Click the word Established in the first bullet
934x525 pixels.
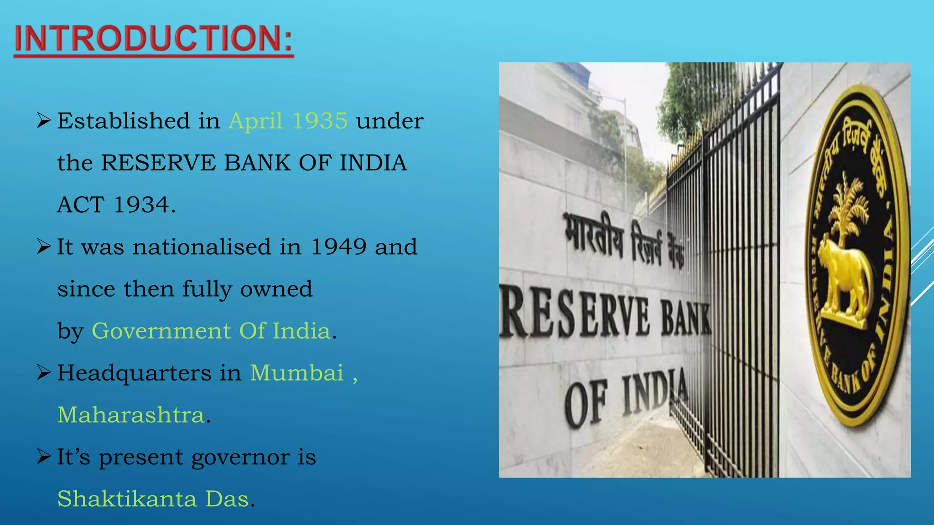point(123,121)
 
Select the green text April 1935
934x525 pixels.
point(288,121)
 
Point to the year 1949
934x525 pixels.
point(338,247)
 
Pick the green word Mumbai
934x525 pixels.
point(296,373)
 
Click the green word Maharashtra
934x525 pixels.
point(131,415)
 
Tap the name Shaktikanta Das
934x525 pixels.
point(153,499)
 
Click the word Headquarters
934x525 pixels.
point(134,373)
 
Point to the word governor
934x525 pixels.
point(240,457)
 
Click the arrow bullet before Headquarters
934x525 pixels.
point(43,373)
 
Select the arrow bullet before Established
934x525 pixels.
point(43,121)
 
